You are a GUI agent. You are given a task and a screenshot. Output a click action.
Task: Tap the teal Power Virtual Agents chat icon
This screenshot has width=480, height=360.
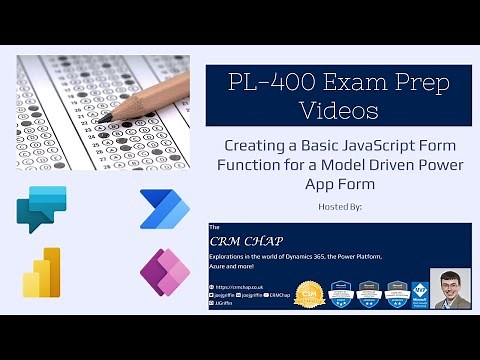41,208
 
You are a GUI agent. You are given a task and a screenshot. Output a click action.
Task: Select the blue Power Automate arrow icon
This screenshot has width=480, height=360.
165,208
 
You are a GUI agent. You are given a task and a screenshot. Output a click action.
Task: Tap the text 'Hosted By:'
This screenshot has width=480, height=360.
338,207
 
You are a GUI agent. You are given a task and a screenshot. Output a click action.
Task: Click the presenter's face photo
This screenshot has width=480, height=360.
450,288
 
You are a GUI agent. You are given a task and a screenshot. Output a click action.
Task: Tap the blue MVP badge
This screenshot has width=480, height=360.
420,291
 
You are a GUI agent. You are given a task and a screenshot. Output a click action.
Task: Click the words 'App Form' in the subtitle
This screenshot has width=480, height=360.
338,184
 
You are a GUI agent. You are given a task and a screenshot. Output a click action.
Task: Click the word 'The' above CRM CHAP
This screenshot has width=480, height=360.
214,227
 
